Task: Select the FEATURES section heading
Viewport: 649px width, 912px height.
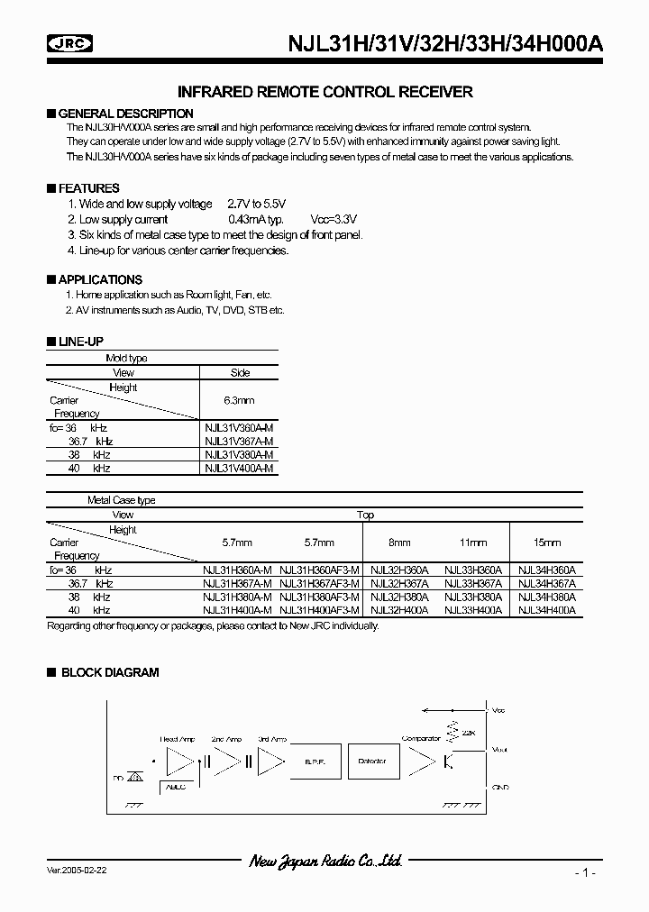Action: point(88,188)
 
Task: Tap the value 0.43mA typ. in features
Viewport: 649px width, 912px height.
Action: point(256,219)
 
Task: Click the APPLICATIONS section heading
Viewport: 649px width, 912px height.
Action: point(100,279)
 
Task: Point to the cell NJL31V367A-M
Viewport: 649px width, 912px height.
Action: point(239,442)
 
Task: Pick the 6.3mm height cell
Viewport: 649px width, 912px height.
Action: point(238,400)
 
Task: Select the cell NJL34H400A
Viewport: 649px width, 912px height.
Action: point(546,610)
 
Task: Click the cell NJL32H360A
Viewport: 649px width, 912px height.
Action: point(399,570)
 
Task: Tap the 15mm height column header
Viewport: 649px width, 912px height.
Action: point(547,543)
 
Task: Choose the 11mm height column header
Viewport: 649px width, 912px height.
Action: point(472,543)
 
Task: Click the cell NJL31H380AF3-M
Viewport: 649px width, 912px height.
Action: point(320,597)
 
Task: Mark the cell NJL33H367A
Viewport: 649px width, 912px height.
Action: point(473,584)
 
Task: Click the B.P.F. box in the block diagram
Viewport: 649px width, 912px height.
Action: point(315,762)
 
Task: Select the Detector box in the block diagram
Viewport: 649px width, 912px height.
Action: point(371,762)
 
